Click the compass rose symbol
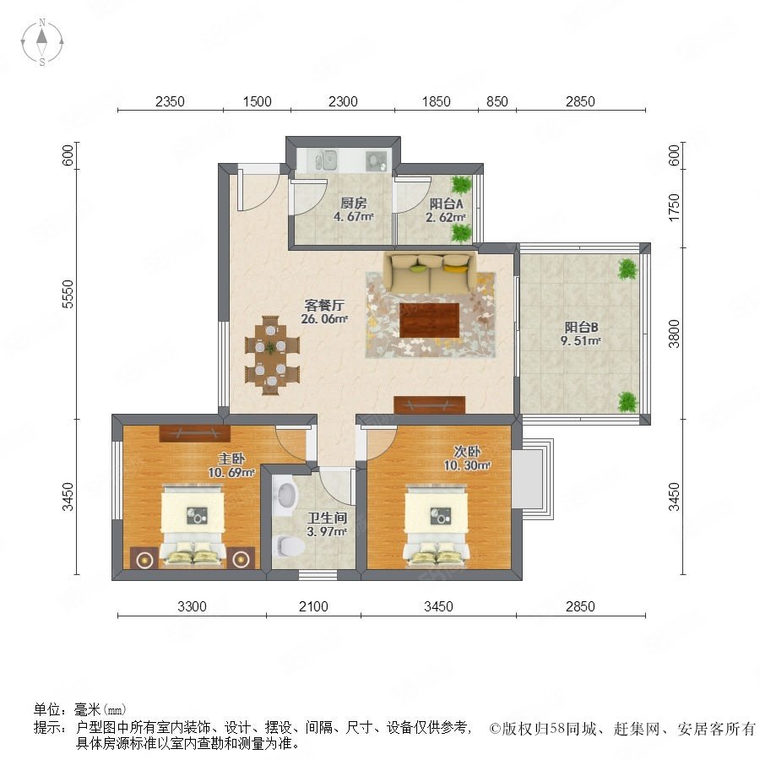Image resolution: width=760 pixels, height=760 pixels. (42, 41)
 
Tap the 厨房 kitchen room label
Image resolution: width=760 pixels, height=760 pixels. (353, 203)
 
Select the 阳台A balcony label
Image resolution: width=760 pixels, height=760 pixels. (446, 204)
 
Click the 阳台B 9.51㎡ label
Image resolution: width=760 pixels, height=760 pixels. (581, 334)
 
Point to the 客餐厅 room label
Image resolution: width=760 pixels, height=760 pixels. (324, 305)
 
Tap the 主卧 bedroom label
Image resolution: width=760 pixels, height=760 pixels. (231, 458)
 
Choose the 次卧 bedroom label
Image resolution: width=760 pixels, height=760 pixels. (467, 451)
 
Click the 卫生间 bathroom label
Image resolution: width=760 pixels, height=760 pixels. (327, 518)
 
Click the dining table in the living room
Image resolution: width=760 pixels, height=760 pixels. (271, 356)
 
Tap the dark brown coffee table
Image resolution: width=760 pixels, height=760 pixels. (430, 320)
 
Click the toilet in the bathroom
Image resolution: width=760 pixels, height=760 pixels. (290, 546)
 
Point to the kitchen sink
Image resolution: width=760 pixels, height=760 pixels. (326, 160)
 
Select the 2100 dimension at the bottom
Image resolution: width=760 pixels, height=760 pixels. (313, 606)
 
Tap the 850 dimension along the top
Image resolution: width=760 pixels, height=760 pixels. (497, 101)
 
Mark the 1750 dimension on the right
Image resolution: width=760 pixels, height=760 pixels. (674, 208)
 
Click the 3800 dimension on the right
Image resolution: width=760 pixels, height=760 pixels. (674, 334)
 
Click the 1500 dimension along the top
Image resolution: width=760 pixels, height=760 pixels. (257, 101)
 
